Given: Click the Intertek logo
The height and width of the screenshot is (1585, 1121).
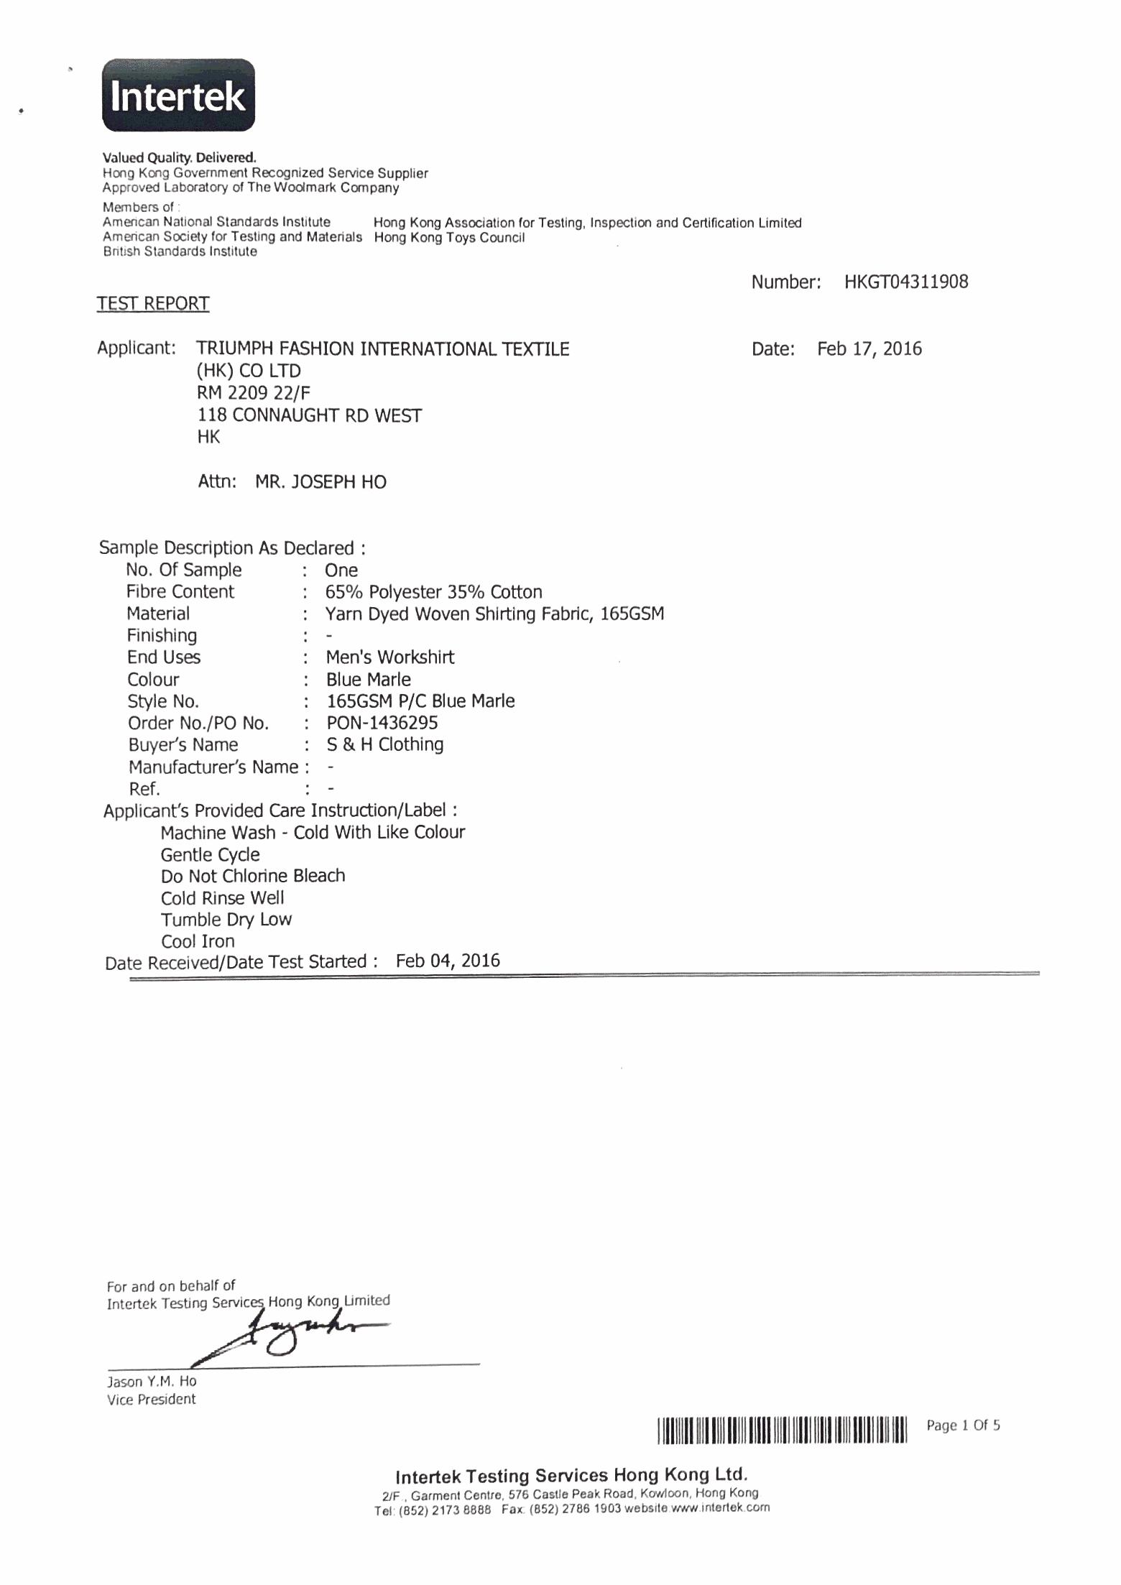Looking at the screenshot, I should tap(178, 96).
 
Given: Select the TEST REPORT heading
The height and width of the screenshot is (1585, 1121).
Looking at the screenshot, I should tap(153, 304).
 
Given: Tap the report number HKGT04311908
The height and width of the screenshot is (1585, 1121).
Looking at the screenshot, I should tap(906, 282).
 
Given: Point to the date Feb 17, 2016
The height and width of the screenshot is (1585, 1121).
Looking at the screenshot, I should tap(869, 349).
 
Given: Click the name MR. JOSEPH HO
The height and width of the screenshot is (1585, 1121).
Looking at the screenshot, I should tap(320, 481).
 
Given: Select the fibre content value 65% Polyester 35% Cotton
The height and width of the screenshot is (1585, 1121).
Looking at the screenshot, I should tap(433, 592).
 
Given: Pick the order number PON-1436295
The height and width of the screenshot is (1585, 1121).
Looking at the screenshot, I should tap(382, 723).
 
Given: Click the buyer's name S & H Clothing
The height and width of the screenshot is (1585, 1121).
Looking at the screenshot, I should tap(384, 744).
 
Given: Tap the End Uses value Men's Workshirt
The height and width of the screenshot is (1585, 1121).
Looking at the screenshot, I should tap(389, 657).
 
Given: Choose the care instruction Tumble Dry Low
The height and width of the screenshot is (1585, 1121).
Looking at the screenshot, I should tap(226, 920).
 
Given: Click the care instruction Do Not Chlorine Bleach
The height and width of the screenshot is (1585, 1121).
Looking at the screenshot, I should tap(253, 876).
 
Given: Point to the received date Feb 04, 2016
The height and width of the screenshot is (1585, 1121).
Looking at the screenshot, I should tap(448, 961).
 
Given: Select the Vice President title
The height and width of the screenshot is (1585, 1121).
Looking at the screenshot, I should tap(151, 1399).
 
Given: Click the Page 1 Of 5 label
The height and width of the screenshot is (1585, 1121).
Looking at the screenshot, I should tap(963, 1425).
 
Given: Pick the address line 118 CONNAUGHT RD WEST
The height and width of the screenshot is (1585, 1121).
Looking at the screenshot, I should tap(310, 415).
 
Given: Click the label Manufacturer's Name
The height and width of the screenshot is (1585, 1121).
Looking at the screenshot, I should tap(213, 767).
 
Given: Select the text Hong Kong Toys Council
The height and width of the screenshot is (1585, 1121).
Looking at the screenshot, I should tap(449, 238).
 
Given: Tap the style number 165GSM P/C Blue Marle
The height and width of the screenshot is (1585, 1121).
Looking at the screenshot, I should tap(420, 701).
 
